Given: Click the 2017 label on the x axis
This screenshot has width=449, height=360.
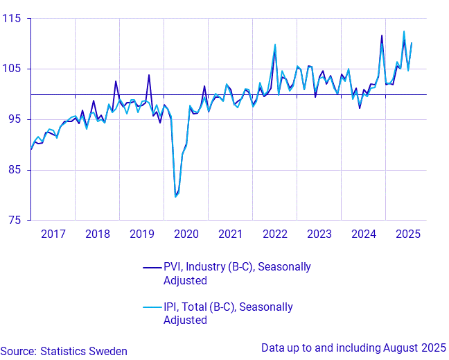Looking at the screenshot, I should pos(53,234).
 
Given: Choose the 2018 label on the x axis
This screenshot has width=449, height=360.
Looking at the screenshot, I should pos(98,234).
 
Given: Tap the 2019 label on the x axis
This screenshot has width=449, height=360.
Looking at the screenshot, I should pos(142,234).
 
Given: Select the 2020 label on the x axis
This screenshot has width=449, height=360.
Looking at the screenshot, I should pos(186,234).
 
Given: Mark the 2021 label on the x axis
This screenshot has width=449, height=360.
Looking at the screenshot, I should pos(231,234).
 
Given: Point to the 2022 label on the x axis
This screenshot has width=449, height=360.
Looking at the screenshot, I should pos(275,234).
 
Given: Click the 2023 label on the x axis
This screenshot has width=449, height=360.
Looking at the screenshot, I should pos(319,234).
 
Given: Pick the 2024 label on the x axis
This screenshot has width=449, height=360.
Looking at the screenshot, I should pos(364,234).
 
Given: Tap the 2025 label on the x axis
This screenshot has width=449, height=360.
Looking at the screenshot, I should pos(408,234).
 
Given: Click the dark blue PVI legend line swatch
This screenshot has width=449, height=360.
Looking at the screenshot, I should pos(152,267).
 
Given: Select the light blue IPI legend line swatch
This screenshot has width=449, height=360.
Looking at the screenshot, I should pos(152,307).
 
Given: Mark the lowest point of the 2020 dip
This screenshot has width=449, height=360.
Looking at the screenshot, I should pos(175,196).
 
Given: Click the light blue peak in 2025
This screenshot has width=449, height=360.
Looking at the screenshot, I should pos(404,31).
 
